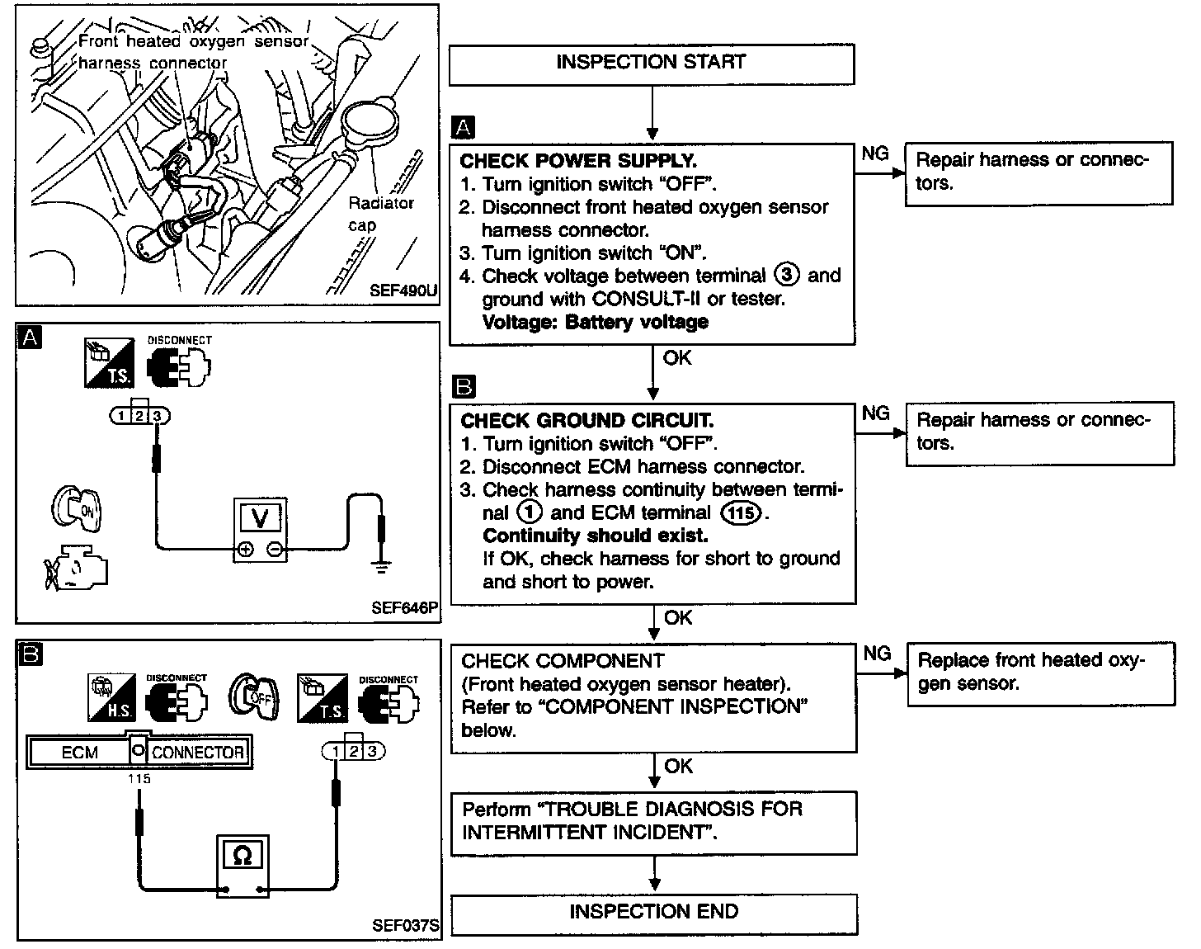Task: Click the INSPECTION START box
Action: (651, 64)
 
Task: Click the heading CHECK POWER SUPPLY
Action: (578, 161)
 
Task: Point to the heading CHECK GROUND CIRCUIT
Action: (586, 421)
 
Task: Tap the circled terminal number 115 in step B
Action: (740, 513)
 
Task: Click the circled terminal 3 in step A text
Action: (787, 276)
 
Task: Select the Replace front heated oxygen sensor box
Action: (1040, 673)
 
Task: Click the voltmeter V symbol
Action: (260, 519)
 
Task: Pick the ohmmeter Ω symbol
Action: (243, 856)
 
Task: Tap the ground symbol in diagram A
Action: (380, 564)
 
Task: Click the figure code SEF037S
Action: (405, 925)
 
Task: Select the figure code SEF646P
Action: (404, 608)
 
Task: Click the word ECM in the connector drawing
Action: (80, 753)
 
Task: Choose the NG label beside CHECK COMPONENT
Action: (878, 654)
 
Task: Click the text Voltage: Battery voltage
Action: (595, 322)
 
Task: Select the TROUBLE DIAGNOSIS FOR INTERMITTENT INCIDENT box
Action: (653, 821)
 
